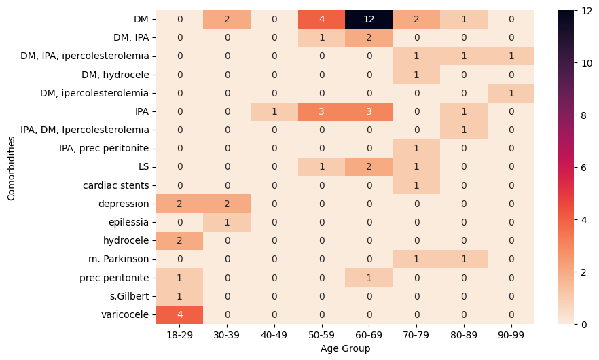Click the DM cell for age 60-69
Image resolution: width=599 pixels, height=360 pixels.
tap(369, 20)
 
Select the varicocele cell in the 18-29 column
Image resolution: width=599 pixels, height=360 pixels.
tap(179, 314)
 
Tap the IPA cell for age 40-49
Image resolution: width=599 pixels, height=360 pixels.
tap(274, 111)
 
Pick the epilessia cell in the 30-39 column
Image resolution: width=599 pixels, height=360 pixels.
tap(227, 222)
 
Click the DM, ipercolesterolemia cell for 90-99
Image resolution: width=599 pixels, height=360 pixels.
tap(511, 93)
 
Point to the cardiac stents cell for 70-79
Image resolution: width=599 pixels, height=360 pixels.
tap(416, 185)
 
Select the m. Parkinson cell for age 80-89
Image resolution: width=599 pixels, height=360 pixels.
tap(463, 259)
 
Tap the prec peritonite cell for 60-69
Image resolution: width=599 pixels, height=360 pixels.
tap(369, 278)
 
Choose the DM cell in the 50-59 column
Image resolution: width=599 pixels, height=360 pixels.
tap(321, 20)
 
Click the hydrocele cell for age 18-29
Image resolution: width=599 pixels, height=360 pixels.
tap(179, 241)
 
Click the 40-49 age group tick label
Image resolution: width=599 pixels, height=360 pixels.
tap(274, 336)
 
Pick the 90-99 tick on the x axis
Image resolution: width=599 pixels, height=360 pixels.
tap(511, 336)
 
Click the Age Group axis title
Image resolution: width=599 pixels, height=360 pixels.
tap(345, 349)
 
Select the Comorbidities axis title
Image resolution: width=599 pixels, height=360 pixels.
tap(11, 167)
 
